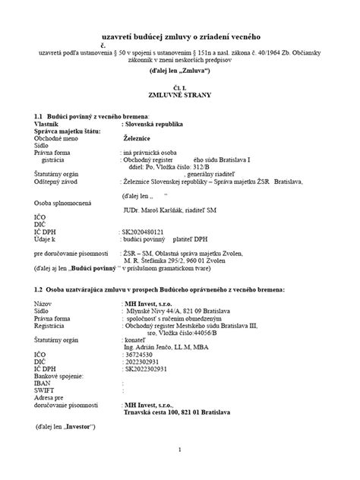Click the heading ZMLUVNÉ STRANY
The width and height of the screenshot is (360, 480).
[181, 96]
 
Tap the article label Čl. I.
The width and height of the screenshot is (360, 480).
[181, 87]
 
